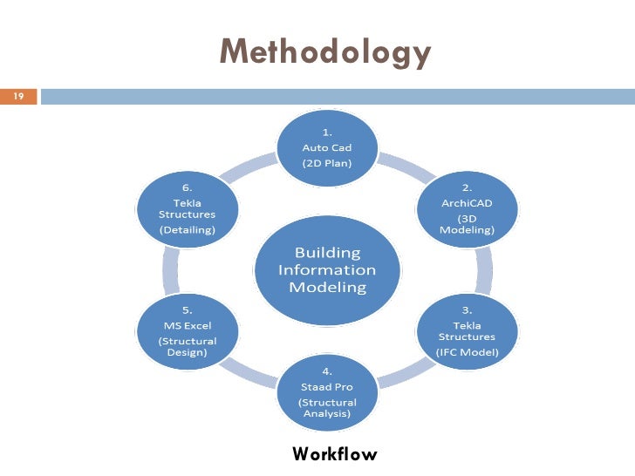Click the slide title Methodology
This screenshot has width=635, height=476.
[x=325, y=52]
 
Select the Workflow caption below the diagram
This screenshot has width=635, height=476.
[x=335, y=454]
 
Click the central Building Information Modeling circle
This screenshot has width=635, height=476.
[x=327, y=269]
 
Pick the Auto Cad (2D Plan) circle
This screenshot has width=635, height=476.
[x=327, y=147]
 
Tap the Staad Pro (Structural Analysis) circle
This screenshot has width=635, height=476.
[x=327, y=390]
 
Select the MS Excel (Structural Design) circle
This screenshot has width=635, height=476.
[x=188, y=330]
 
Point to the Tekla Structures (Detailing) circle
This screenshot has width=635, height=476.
[x=188, y=210]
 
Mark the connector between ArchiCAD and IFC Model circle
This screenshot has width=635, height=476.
[x=481, y=270]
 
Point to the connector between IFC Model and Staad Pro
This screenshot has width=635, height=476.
[x=405, y=373]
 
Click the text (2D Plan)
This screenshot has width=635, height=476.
[x=327, y=162]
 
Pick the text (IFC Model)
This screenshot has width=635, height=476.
[x=467, y=352]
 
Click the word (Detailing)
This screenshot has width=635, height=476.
[x=188, y=230]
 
